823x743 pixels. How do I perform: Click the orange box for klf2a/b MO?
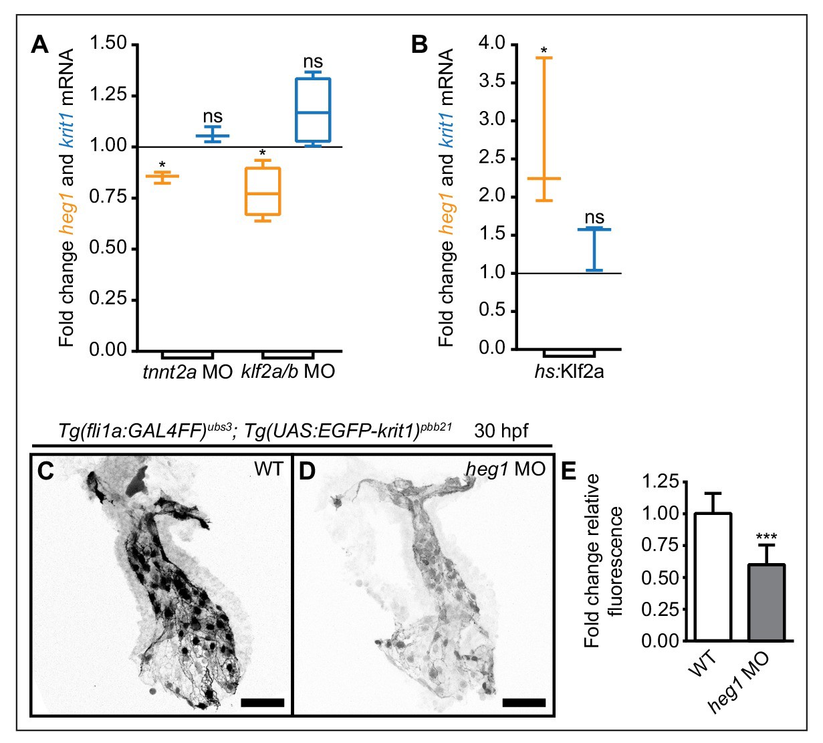[x=262, y=191]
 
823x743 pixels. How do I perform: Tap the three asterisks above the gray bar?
[x=766, y=537]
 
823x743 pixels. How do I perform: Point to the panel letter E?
[x=569, y=471]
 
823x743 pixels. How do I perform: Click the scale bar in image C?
[x=262, y=703]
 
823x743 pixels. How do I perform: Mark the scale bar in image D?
[x=523, y=703]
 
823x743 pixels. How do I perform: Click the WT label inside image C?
[x=269, y=469]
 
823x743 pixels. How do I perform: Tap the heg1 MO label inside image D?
[x=505, y=469]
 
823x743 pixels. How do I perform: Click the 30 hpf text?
[x=501, y=431]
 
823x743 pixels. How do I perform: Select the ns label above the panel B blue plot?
[x=594, y=217]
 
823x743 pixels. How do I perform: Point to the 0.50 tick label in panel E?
[x=659, y=577]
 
